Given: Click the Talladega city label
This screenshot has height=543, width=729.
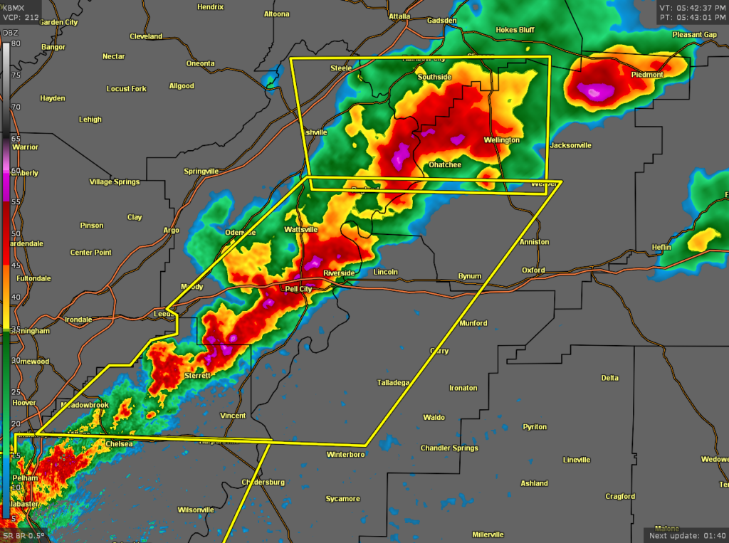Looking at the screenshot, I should [x=393, y=383].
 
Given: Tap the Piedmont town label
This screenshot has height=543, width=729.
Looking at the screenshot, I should [x=646, y=75].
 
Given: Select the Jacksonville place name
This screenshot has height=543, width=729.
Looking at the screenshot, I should [x=570, y=145].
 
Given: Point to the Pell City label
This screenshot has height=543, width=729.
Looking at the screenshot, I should [x=298, y=290].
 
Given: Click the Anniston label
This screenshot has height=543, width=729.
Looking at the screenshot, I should [x=534, y=242].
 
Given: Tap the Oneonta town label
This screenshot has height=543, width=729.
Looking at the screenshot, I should [x=200, y=63].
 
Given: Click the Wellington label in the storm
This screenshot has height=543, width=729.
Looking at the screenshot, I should [x=502, y=140].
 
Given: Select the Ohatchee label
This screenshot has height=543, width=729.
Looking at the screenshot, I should [x=444, y=165].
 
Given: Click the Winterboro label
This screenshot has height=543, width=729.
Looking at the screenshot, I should [x=345, y=454].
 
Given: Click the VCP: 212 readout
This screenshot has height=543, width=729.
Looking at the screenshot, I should [x=21, y=17].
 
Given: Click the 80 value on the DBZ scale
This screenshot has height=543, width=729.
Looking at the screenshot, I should [x=15, y=43].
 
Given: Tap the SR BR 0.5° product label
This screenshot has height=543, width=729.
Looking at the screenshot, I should [x=23, y=535].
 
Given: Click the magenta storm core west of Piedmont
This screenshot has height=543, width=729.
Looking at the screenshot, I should [x=593, y=90].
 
